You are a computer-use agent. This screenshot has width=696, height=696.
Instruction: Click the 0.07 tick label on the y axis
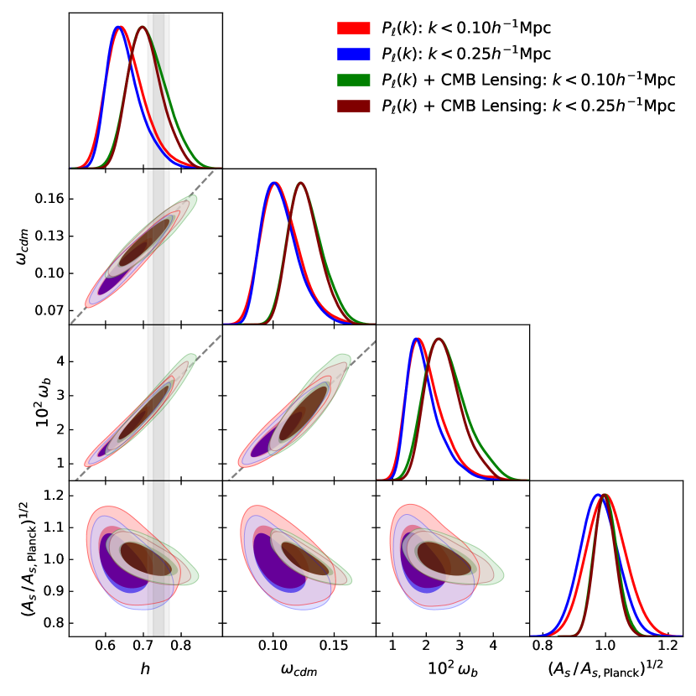click(x=51, y=310)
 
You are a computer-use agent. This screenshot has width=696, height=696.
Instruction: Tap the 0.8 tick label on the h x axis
click(x=181, y=647)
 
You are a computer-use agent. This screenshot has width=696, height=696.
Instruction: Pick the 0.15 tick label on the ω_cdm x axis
click(x=335, y=647)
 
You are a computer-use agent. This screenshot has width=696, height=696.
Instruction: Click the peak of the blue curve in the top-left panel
click(x=117, y=27)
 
